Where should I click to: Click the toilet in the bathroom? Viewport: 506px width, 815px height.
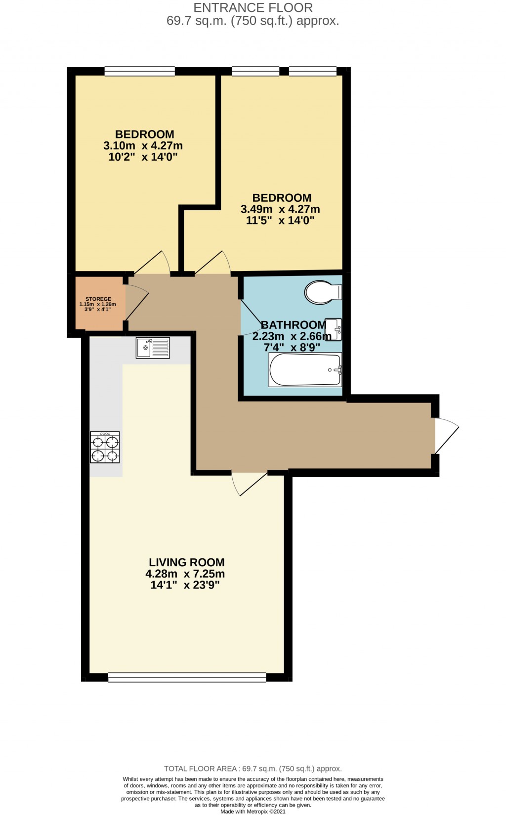[323, 292]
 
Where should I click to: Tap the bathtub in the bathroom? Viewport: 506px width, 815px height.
[305, 369]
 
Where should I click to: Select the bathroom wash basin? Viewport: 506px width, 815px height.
[335, 329]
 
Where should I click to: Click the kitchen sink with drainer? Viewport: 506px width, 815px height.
[153, 348]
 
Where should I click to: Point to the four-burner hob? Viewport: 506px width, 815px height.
[105, 447]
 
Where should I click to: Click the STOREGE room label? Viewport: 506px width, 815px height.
[98, 299]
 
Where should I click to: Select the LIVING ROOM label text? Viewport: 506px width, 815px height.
[187, 562]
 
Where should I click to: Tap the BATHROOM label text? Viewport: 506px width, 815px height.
[293, 325]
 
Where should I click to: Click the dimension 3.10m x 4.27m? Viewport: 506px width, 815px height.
[143, 146]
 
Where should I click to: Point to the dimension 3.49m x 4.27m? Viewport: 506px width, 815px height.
[280, 209]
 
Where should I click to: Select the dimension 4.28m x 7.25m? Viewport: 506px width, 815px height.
[185, 574]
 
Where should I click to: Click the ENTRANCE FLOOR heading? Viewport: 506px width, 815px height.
[253, 8]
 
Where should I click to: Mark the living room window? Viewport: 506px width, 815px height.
[187, 678]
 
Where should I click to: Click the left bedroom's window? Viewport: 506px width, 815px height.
[140, 72]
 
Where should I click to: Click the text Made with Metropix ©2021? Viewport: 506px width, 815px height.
[253, 812]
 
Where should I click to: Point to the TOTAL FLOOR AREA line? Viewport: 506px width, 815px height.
[253, 769]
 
